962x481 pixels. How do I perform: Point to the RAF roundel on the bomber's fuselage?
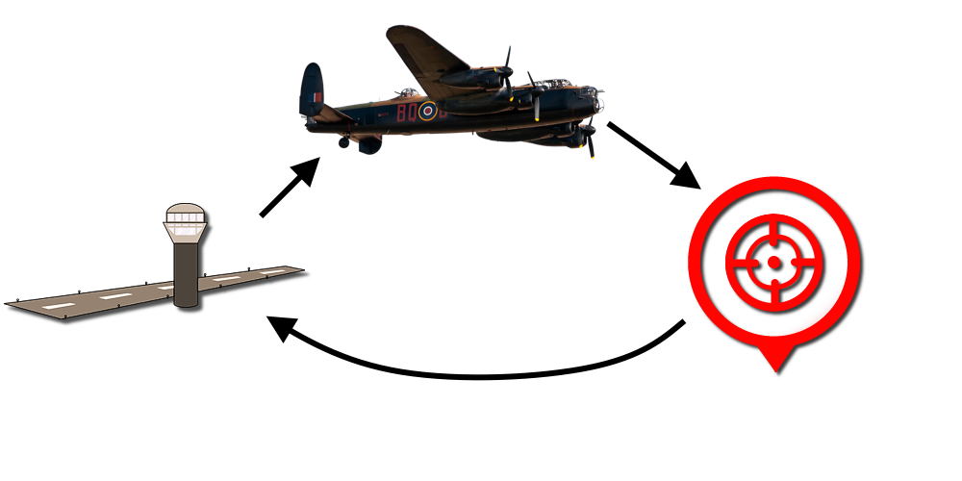click(426, 112)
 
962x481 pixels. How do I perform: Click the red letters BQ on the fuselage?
click(406, 113)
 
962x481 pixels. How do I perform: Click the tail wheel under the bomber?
click(343, 142)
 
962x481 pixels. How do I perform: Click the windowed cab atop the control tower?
click(187, 223)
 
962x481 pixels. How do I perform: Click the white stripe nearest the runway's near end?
click(58, 305)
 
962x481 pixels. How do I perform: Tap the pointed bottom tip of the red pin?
click(776, 370)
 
